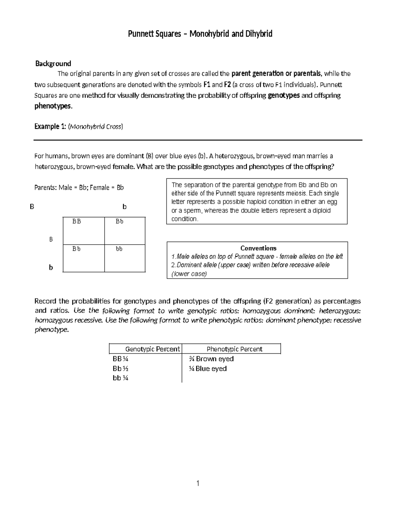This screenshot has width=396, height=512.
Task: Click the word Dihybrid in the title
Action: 258,34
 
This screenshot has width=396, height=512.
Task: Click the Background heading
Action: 53,63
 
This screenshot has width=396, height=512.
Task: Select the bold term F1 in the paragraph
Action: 207,85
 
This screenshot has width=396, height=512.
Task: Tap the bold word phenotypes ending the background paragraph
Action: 53,106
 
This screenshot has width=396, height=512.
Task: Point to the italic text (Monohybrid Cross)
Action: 95,127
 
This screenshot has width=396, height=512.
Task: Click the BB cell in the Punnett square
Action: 77,222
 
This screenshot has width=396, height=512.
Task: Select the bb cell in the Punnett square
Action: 119,249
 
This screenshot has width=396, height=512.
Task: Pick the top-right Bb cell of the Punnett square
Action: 119,222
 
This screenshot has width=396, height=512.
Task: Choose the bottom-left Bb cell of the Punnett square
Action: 77,249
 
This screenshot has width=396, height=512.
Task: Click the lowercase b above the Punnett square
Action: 124,207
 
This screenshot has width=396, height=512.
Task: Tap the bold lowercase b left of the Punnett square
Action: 51,267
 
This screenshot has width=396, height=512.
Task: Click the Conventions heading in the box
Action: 258,248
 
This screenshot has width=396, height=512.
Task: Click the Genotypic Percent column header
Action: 152,349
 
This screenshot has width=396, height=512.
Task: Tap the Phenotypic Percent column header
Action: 234,349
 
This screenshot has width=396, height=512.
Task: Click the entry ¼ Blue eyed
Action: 208,369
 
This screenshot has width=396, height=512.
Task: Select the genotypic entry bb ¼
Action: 120,378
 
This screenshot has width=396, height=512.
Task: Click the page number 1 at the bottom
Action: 198,484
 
